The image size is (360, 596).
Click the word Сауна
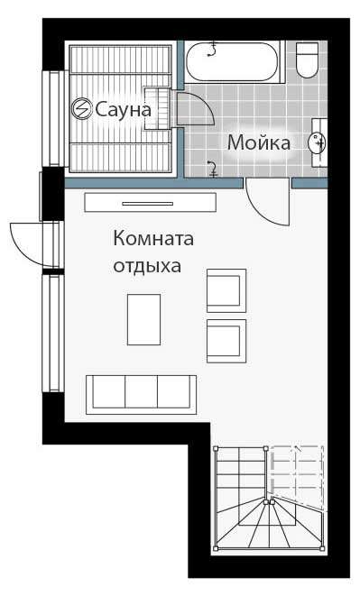pyautogui.click(x=123, y=109)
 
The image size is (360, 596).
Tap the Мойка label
pyautogui.click(x=259, y=143)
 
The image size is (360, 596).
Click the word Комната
pyautogui.click(x=153, y=239)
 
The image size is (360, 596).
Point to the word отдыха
pyautogui.click(x=147, y=266)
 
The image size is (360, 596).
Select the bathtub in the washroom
pyautogui.click(x=235, y=61)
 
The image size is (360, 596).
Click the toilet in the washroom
pyautogui.click(x=308, y=60)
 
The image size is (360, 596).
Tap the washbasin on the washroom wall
pyautogui.click(x=318, y=142)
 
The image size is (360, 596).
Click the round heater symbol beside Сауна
pyautogui.click(x=82, y=109)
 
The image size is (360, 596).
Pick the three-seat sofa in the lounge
pyautogui.click(x=141, y=395)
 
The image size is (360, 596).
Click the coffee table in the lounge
pyautogui.click(x=143, y=319)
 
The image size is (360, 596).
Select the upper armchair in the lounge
pyautogui.click(x=226, y=290)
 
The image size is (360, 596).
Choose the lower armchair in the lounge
pyautogui.click(x=226, y=341)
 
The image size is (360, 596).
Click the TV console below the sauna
pyautogui.click(x=151, y=202)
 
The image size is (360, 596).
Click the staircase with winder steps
pyautogui.click(x=269, y=498)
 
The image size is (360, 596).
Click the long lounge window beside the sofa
pyautogui.click(x=53, y=333)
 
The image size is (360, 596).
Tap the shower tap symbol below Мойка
pyautogui.click(x=212, y=169)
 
